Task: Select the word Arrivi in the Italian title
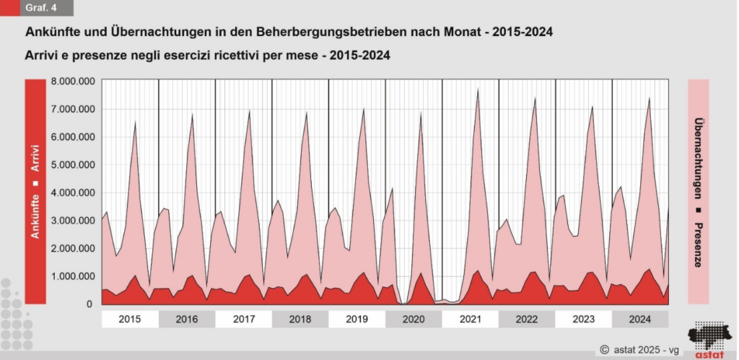tap(43, 55)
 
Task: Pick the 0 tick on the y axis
tap(89, 304)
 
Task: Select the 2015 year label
tap(130, 319)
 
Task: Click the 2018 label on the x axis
tap(299, 319)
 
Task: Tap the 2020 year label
tap(414, 319)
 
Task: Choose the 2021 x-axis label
tap(470, 319)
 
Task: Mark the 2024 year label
tap(640, 319)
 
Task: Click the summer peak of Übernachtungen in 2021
tap(478, 89)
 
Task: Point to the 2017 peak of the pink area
tap(249, 111)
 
